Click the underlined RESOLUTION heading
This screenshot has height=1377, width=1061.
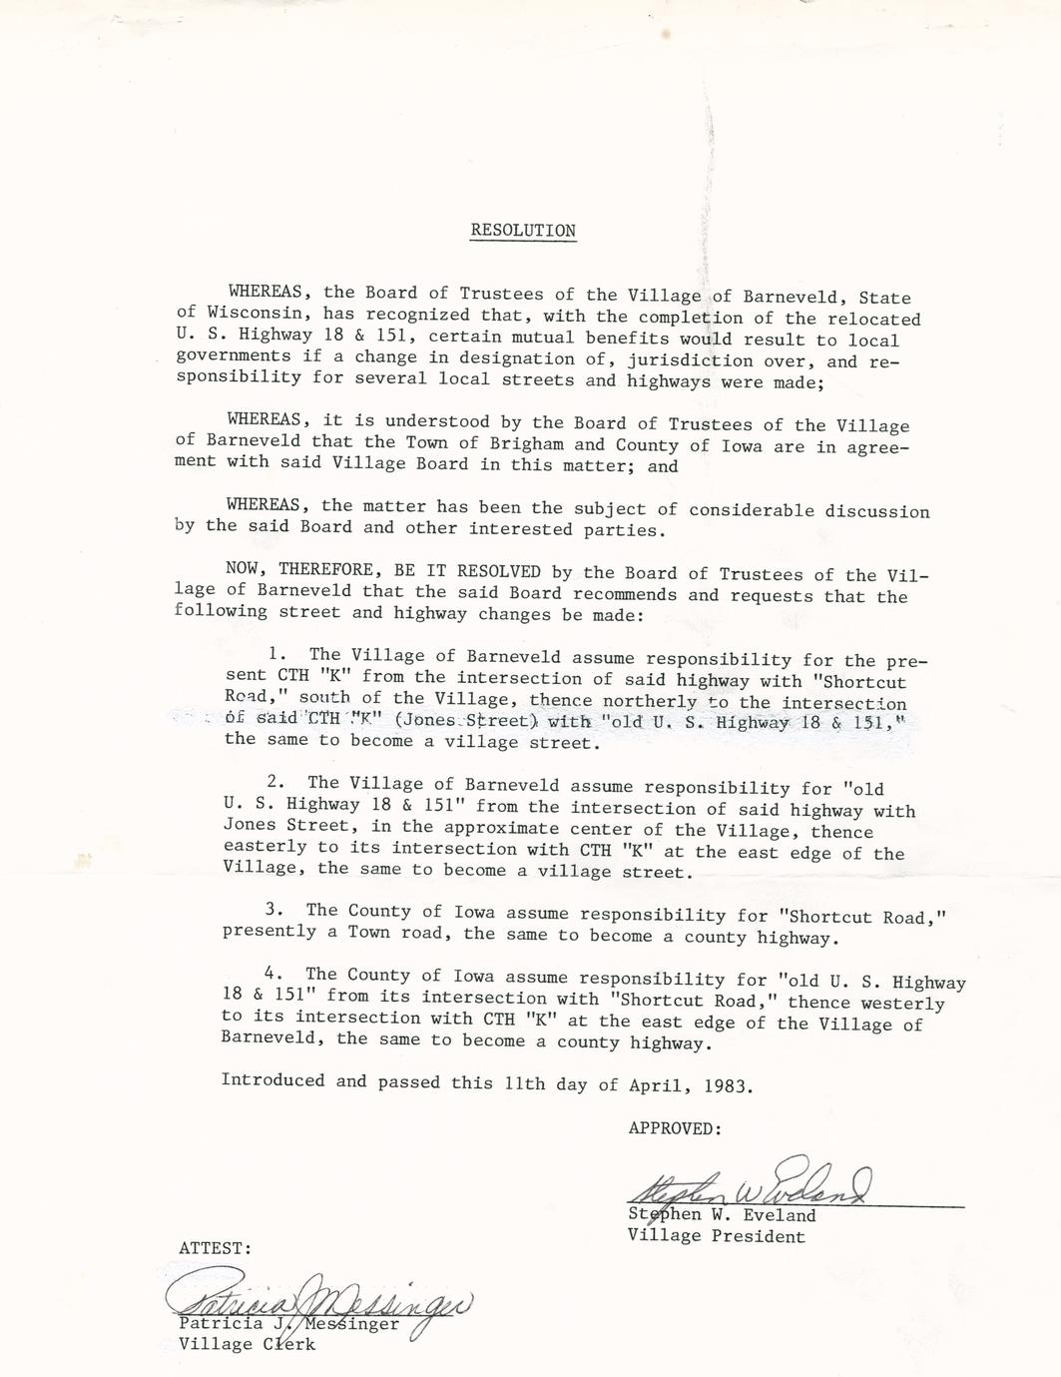pos(523,231)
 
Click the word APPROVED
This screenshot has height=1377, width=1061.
pos(674,1128)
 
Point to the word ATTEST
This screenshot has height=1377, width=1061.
pos(215,1248)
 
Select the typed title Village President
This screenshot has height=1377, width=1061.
pos(716,1236)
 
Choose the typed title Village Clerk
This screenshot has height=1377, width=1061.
pos(247,1344)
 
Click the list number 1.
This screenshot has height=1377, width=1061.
pos(277,655)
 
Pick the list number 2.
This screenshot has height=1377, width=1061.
pos(276,783)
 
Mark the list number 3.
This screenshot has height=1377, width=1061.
pos(274,910)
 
